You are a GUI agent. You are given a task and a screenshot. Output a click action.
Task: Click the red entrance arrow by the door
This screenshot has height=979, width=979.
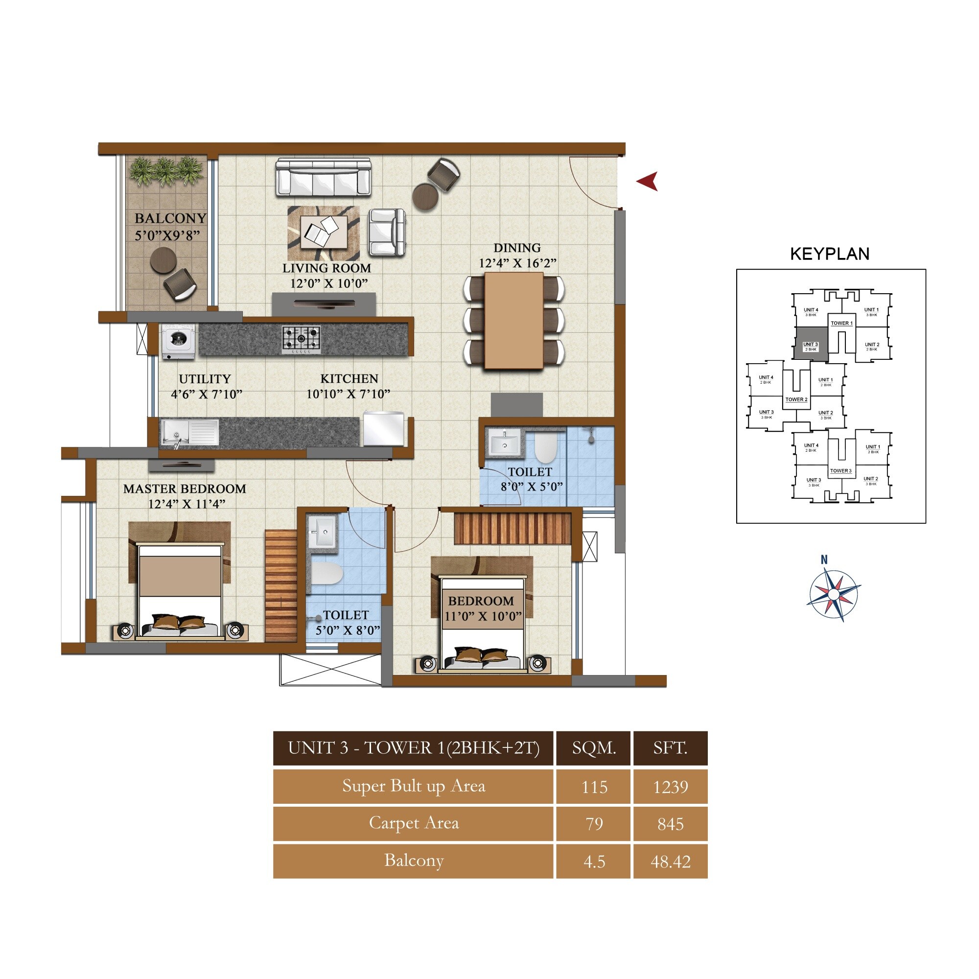(648, 181)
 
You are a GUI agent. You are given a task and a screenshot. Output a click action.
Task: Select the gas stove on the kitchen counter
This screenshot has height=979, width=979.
(301, 339)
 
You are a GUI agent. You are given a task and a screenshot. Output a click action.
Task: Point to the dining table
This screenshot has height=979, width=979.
(514, 321)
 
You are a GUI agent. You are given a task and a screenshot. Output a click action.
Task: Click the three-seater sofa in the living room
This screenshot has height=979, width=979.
(323, 177)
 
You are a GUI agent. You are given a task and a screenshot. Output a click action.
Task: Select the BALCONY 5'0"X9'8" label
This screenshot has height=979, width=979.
(170, 227)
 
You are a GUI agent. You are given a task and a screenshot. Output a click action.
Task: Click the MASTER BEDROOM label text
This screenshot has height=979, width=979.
(185, 489)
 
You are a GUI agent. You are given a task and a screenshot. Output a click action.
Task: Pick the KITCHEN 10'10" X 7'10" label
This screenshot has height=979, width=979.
(349, 386)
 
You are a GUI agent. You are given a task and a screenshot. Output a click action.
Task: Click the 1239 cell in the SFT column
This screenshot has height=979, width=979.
(670, 787)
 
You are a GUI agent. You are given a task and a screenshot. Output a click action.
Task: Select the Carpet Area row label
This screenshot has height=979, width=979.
(414, 823)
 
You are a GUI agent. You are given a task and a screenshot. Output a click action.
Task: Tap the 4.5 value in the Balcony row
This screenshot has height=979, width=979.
(594, 861)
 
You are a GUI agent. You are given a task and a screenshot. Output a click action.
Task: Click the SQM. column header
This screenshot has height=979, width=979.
(594, 748)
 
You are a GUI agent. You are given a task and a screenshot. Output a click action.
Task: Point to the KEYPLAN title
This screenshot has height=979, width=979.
(830, 254)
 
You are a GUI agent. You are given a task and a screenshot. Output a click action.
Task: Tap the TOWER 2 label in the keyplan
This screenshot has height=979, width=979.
(796, 399)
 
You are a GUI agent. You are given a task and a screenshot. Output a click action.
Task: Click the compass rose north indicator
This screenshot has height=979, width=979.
(824, 560)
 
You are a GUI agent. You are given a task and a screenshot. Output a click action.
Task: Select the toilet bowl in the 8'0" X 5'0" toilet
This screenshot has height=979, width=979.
(545, 448)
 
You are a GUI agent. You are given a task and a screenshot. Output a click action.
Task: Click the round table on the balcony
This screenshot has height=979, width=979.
(163, 260)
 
